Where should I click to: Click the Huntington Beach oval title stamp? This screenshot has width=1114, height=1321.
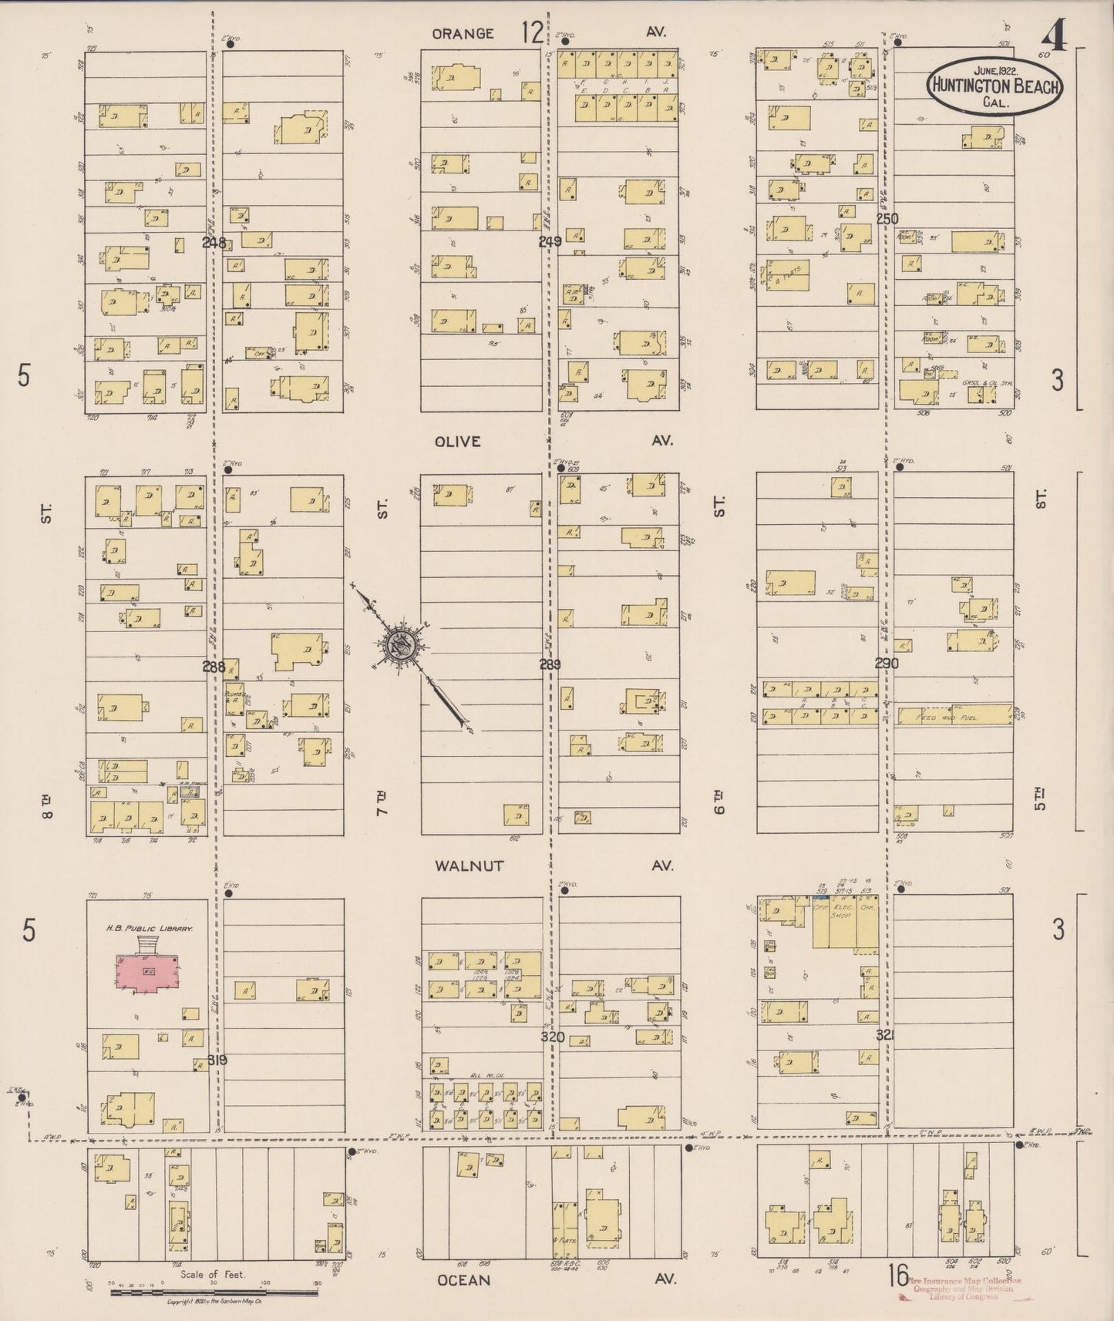[994, 86]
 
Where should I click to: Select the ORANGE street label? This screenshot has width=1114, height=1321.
[463, 33]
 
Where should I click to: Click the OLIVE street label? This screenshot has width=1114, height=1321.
[457, 442]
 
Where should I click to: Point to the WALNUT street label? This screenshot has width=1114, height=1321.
[469, 866]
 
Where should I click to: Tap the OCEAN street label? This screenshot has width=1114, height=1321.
[463, 1279]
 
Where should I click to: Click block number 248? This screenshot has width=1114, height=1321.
[214, 242]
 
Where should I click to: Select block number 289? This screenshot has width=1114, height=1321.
[550, 664]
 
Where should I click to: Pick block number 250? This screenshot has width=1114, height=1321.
[887, 219]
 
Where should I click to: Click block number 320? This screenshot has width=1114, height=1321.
[553, 1037]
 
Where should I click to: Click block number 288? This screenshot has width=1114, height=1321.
[214, 667]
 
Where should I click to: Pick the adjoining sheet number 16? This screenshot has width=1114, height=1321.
[899, 1276]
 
